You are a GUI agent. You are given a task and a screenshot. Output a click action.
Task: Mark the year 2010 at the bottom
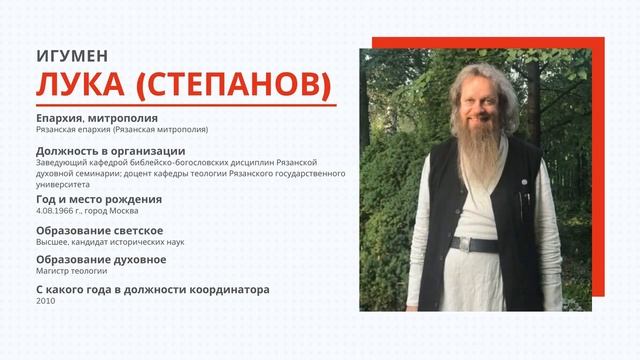click(x=44, y=302)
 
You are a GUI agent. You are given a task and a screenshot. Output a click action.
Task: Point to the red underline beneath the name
click(x=184, y=106)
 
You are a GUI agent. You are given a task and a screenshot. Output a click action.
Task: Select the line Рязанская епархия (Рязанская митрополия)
click(x=121, y=130)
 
